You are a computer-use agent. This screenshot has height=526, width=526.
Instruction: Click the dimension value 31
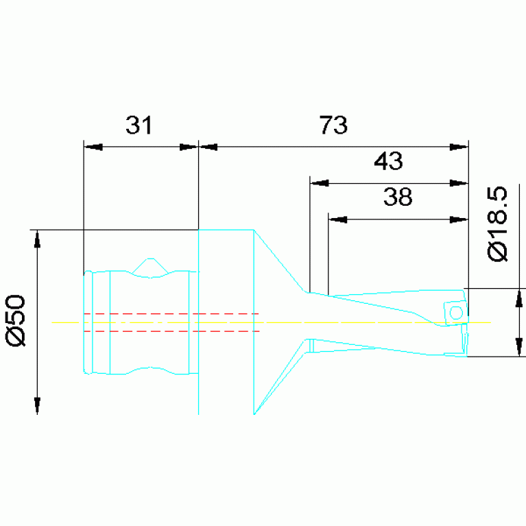point(139,125)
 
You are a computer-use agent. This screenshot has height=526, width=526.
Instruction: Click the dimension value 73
point(333,125)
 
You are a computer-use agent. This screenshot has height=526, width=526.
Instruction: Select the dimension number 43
point(388,161)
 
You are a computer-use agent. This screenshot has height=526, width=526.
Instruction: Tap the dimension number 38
point(398,197)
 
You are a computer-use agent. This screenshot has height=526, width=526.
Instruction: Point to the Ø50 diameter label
point(16,320)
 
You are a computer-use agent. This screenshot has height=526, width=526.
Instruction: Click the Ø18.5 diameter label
point(497,224)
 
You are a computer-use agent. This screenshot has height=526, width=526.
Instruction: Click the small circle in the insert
point(456,313)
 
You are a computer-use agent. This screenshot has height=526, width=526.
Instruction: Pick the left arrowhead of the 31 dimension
point(93,147)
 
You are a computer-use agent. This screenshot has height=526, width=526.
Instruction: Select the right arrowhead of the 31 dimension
point(189,147)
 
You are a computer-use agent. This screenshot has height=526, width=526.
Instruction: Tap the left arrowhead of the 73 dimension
point(208,147)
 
